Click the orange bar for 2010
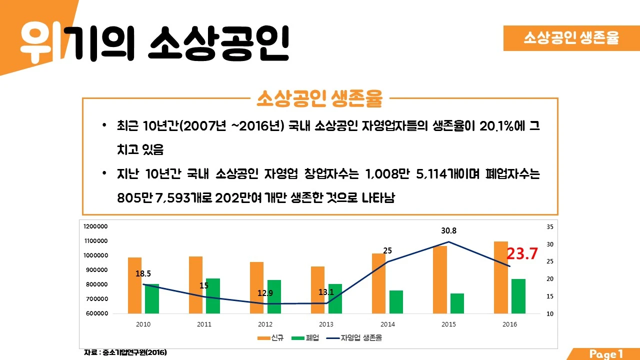[134, 285]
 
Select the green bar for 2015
[457, 303]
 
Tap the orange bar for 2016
[500, 277]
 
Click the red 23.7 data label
[522, 254]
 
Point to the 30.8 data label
[448, 231]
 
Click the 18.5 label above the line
[143, 274]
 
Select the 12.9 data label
[265, 293]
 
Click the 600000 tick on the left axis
[95, 313]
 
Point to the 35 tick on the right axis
[550, 226]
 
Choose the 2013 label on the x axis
[326, 324]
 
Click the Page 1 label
[606, 354]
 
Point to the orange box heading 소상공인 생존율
[319, 99]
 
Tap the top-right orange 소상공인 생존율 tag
[571, 38]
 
